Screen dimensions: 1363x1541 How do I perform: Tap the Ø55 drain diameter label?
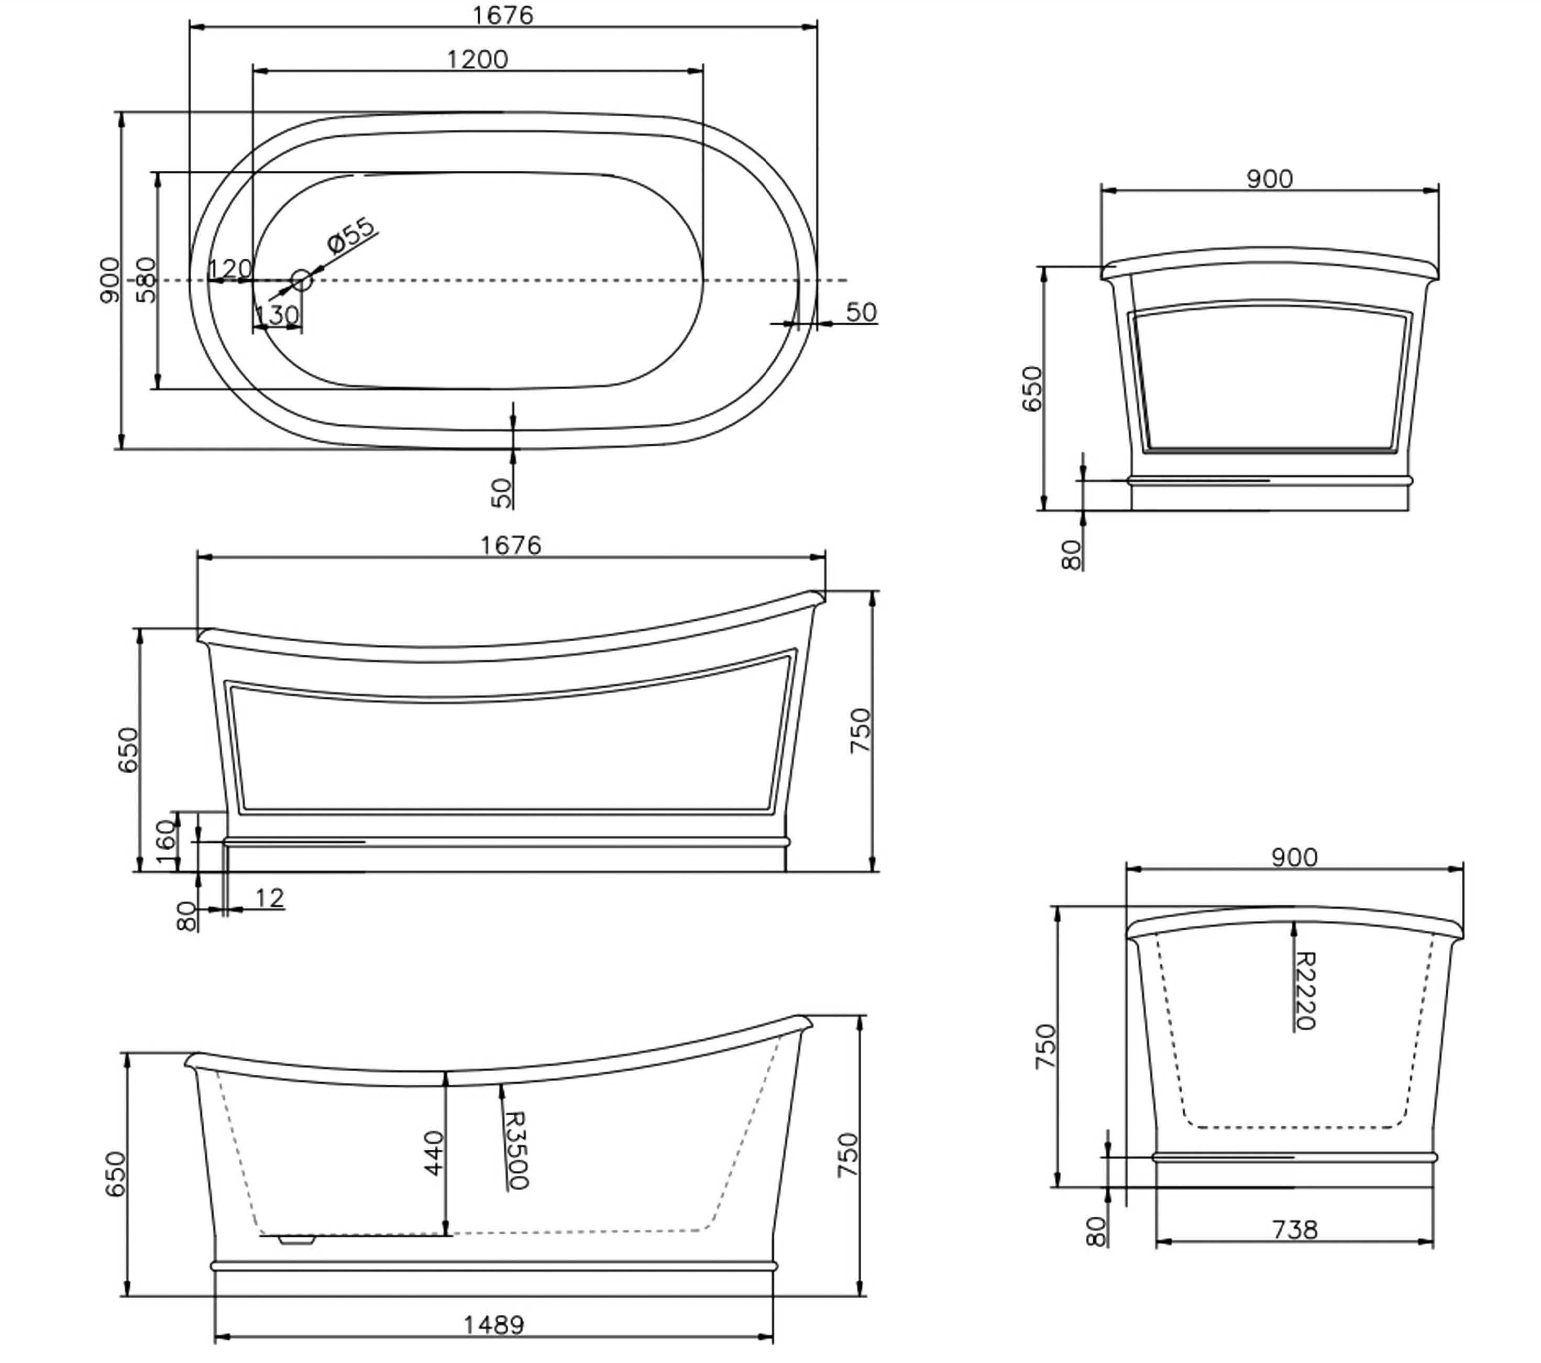(351, 235)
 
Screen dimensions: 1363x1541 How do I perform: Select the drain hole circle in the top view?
(302, 280)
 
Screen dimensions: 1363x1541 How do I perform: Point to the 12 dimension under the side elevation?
(269, 897)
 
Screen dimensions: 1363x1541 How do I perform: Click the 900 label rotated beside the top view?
(109, 280)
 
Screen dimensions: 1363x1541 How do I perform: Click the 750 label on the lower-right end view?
(1045, 1046)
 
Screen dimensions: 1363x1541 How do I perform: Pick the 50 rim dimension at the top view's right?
(861, 312)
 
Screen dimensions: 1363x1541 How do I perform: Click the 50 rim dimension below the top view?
(501, 492)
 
